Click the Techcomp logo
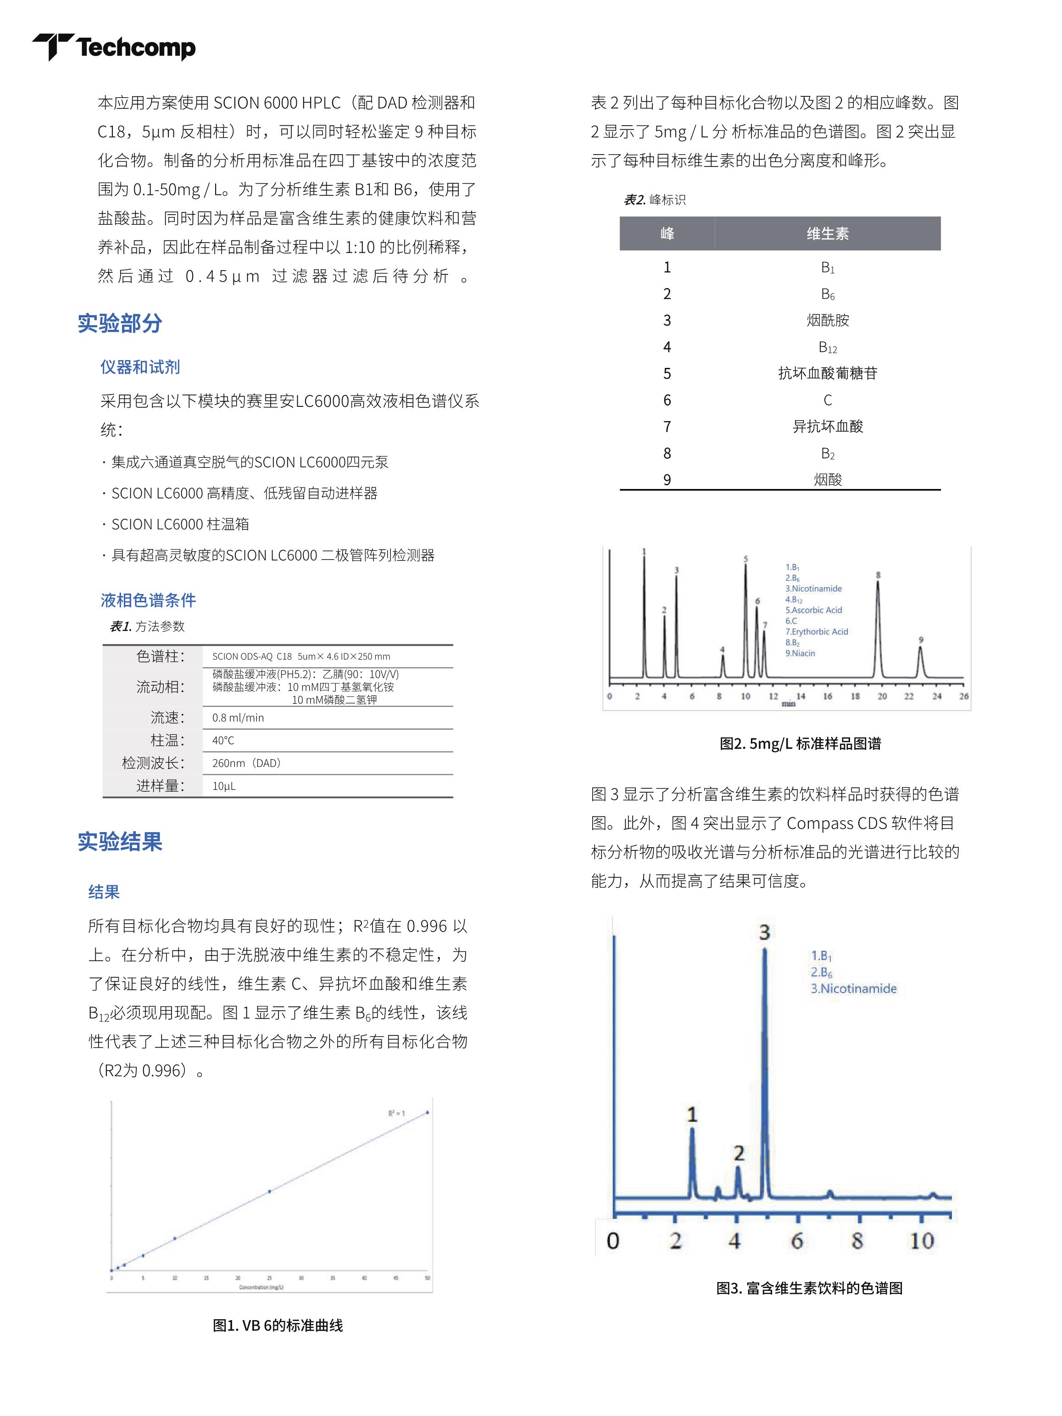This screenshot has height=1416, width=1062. (x=114, y=47)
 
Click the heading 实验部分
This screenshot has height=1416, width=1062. (x=120, y=323)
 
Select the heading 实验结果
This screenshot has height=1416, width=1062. (x=120, y=841)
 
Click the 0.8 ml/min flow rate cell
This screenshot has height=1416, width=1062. (x=238, y=717)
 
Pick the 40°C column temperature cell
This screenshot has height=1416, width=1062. (x=223, y=741)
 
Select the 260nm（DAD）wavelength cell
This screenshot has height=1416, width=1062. (x=246, y=763)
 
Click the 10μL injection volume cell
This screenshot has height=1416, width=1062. (x=224, y=786)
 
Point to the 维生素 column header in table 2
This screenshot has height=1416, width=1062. (x=827, y=233)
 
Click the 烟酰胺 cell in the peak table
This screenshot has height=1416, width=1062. (x=827, y=320)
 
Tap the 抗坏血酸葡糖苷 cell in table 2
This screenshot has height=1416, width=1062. (x=827, y=373)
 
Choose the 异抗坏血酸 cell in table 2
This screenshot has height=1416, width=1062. (x=827, y=426)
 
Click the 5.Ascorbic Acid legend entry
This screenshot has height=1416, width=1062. (x=814, y=610)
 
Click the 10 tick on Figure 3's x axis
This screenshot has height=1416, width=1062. (x=921, y=1241)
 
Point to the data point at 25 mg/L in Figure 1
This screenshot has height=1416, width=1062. (x=269, y=1191)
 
